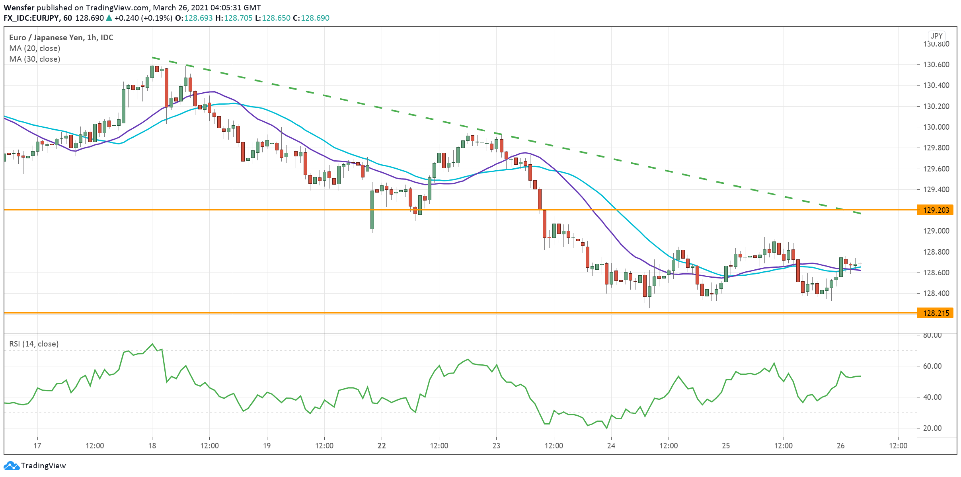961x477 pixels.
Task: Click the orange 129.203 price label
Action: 936,210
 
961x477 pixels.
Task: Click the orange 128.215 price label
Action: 936,313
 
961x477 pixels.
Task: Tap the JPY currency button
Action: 937,36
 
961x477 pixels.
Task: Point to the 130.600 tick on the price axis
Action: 935,64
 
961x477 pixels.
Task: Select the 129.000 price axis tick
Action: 935,231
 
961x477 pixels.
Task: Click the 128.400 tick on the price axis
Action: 935,293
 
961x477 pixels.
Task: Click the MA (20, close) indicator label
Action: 35,48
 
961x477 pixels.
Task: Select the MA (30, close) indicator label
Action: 35,59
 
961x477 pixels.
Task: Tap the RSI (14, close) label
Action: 34,344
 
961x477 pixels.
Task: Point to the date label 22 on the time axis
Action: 382,446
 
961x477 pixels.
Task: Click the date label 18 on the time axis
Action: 152,446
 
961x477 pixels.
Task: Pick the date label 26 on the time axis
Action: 840,446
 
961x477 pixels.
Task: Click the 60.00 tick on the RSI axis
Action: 932,366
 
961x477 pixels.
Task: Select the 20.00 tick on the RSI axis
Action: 932,428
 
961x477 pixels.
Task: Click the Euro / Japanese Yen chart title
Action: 61,37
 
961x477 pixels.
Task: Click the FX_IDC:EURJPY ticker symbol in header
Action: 31,18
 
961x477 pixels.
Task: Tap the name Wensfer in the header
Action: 19,8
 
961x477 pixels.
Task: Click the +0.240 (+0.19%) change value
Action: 143,18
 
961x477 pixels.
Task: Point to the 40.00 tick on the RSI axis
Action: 932,397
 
